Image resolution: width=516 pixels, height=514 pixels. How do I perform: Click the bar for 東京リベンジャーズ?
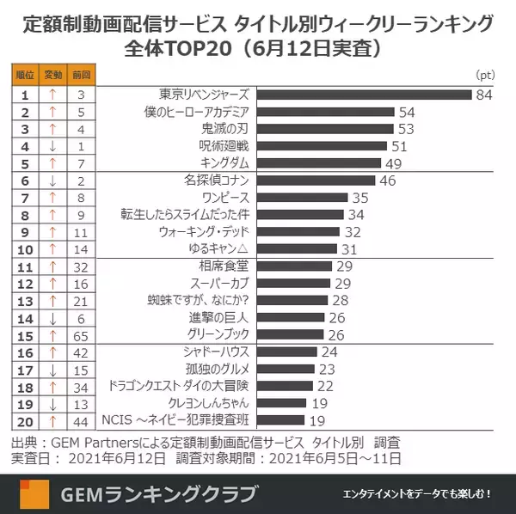pyautogui.click(x=365, y=95)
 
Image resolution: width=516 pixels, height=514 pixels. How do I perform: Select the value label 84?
pyautogui.click(x=483, y=95)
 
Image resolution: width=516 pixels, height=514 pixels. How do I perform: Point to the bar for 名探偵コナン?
pyautogui.click(x=316, y=181)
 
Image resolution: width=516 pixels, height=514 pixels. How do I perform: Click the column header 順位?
pyautogui.click(x=25, y=76)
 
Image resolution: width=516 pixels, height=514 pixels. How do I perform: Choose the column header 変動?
pyautogui.click(x=53, y=76)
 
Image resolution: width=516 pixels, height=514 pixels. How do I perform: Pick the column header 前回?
pyautogui.click(x=81, y=76)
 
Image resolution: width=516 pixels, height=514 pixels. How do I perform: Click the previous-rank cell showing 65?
pyautogui.click(x=81, y=334)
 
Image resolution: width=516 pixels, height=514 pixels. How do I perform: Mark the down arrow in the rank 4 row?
pyautogui.click(x=53, y=146)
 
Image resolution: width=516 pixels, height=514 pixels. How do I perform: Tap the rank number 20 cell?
pyautogui.click(x=25, y=420)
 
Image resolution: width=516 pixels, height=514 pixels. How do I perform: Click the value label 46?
pyautogui.click(x=387, y=181)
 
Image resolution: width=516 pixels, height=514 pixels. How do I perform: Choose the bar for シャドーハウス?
pyautogui.click(x=287, y=352)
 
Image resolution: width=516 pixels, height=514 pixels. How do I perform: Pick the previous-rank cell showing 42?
pyautogui.click(x=81, y=352)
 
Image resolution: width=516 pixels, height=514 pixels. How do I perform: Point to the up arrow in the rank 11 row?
pyautogui.click(x=53, y=266)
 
